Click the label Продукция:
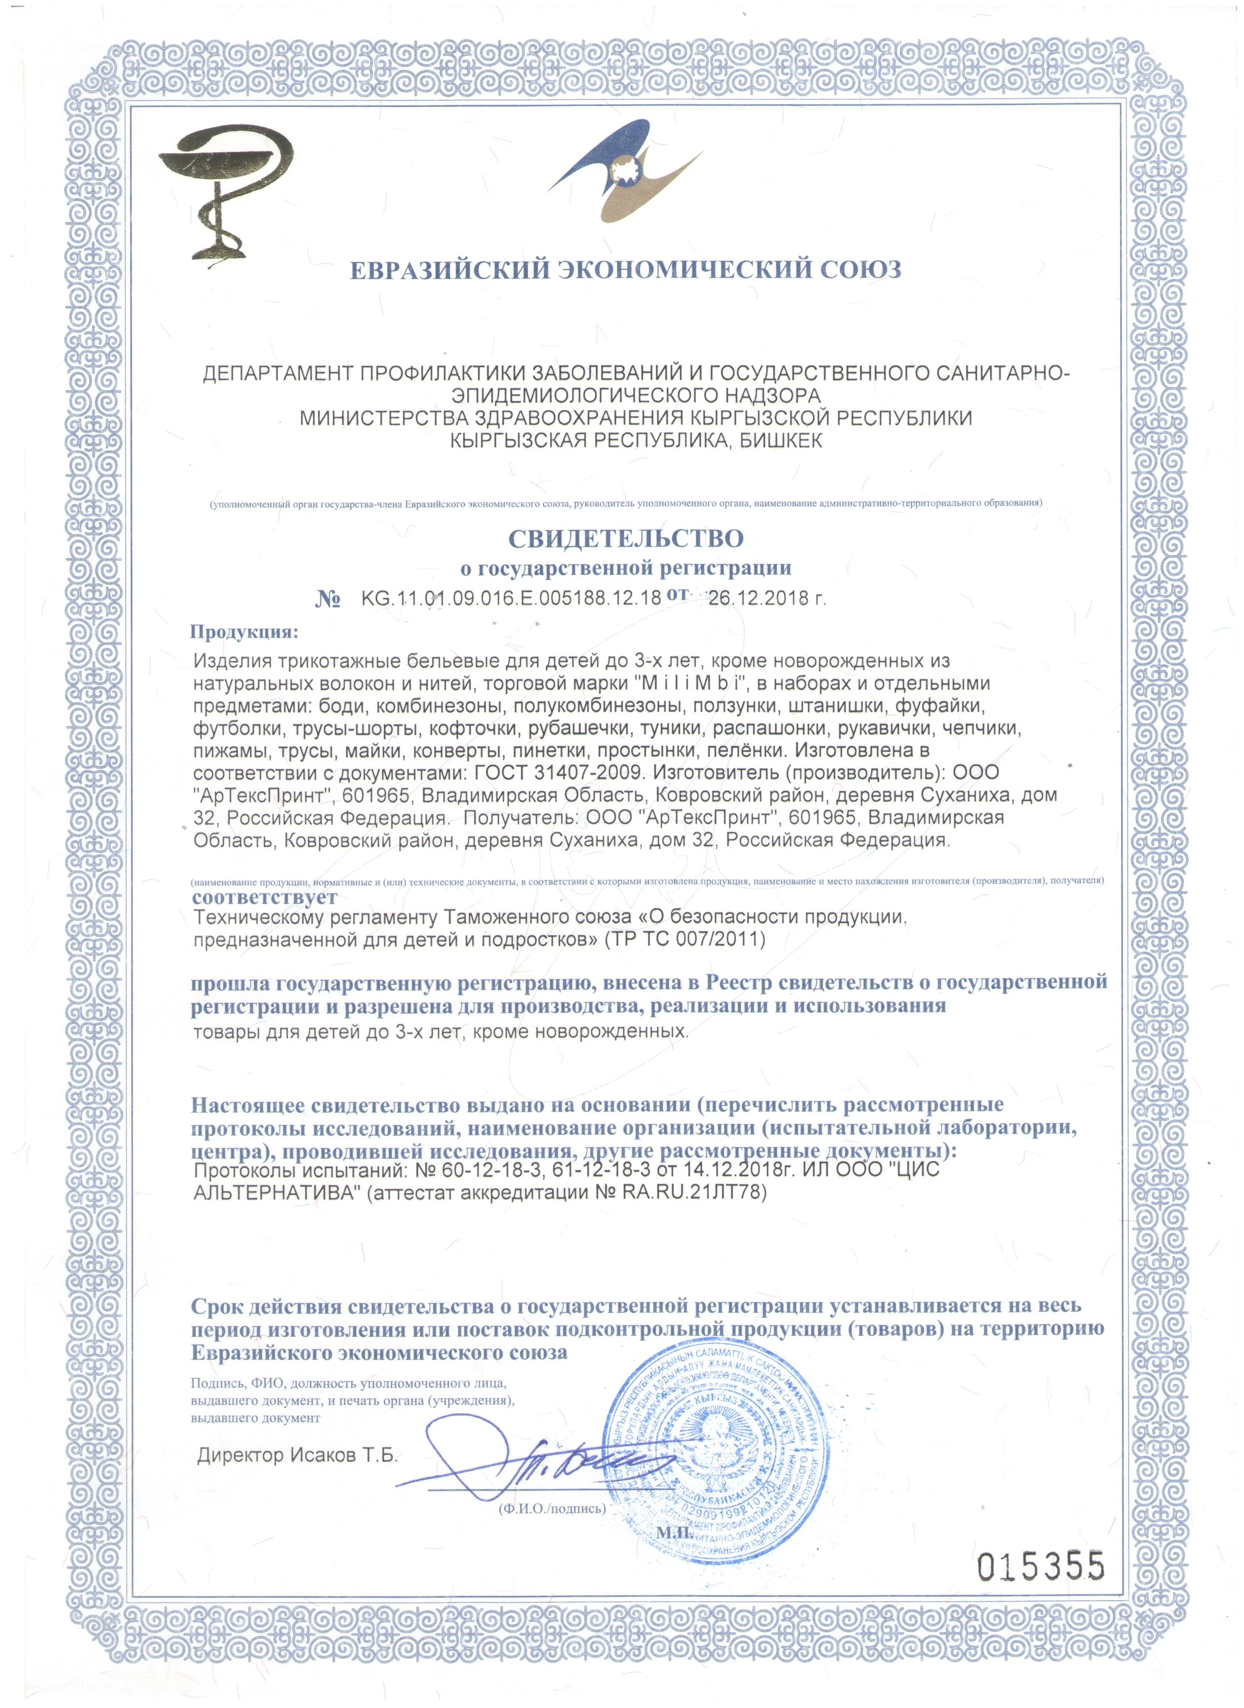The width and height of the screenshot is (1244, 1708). (244, 631)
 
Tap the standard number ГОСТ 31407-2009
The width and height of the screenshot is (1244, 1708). (560, 773)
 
